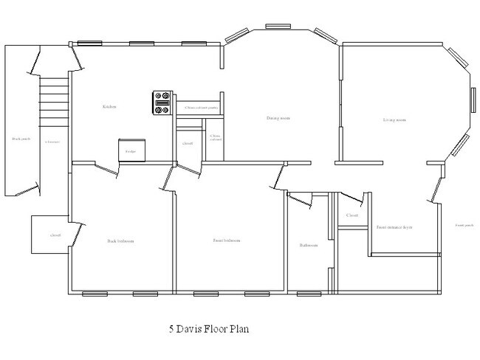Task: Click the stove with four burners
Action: point(162,103)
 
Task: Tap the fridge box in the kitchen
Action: point(131,150)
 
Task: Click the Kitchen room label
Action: point(111,107)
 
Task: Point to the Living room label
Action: point(395,120)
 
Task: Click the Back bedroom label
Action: point(120,240)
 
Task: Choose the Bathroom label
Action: point(308,245)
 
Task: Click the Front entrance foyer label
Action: point(394,227)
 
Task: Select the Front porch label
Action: point(464,225)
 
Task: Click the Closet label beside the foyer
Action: point(352,215)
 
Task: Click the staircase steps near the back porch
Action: point(53,100)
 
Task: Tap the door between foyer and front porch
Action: point(434,189)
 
